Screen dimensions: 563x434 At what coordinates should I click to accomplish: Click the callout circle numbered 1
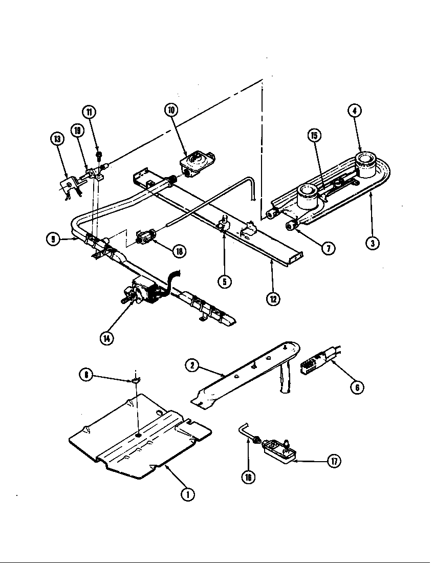pyautogui.click(x=188, y=495)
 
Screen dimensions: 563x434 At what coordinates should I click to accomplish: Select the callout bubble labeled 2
pyautogui.click(x=192, y=365)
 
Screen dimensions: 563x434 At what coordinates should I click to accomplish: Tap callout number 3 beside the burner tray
pyautogui.click(x=373, y=243)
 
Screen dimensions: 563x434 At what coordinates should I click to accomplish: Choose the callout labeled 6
pyautogui.click(x=357, y=387)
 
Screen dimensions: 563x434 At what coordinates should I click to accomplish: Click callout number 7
pyautogui.click(x=328, y=248)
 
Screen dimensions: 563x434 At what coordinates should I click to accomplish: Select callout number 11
pyautogui.click(x=91, y=112)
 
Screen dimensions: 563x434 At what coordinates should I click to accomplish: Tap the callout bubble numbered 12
pyautogui.click(x=273, y=298)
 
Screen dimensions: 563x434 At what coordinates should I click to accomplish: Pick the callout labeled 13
pyautogui.click(x=58, y=139)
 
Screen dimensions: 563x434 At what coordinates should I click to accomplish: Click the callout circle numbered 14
pyautogui.click(x=106, y=339)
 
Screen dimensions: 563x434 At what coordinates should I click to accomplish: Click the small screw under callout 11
pyautogui.click(x=99, y=154)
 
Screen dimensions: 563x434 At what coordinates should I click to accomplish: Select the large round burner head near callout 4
pyautogui.click(x=367, y=165)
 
